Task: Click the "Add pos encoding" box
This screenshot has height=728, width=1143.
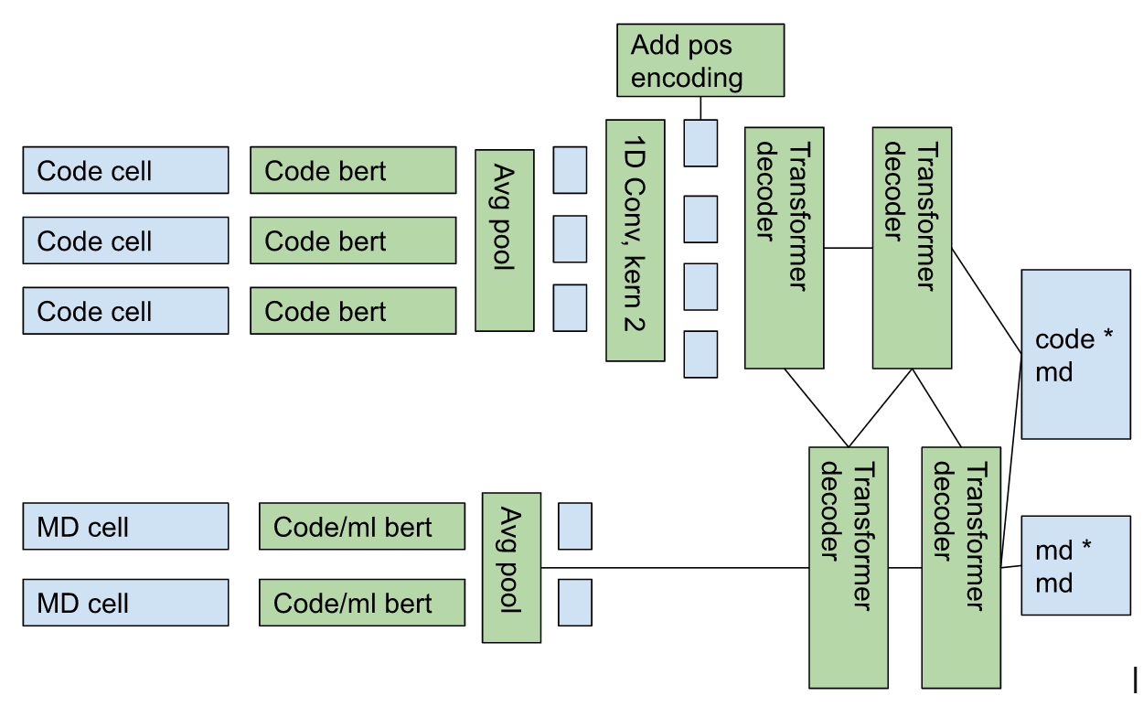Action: [700, 60]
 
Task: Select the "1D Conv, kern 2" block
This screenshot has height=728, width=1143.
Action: [635, 240]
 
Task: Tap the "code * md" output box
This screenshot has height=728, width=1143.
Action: [1075, 354]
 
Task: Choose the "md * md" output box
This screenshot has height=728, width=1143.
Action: [1075, 564]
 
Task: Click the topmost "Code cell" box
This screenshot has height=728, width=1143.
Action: [125, 170]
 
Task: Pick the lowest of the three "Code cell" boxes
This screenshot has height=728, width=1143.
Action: [125, 311]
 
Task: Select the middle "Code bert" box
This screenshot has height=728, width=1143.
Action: [353, 241]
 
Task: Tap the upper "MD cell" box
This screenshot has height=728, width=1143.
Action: [125, 526]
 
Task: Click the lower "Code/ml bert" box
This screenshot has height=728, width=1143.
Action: [361, 603]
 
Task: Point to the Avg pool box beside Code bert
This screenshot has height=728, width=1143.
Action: [504, 241]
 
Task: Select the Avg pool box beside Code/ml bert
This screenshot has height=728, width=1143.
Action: [511, 567]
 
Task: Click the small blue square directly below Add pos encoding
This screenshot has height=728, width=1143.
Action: [700, 143]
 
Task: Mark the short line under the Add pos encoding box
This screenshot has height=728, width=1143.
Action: [700, 108]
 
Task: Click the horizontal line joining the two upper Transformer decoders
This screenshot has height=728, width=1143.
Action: [848, 248]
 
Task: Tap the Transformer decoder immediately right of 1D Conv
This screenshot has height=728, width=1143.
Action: [784, 248]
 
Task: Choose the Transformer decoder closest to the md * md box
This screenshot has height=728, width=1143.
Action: [960, 567]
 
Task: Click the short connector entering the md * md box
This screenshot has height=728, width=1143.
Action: [1011, 566]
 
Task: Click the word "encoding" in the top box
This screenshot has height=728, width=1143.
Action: [687, 78]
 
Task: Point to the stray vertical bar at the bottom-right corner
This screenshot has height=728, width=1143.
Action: [1136, 680]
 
